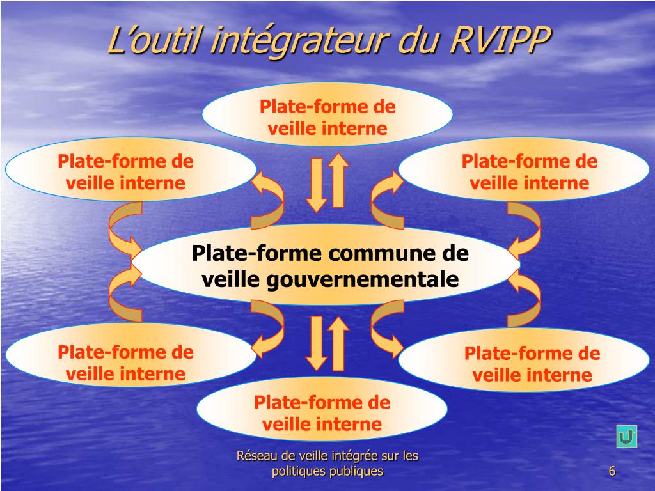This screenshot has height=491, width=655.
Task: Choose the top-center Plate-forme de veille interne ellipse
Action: (x=327, y=117)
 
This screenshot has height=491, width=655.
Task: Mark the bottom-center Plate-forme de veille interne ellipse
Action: (x=322, y=412)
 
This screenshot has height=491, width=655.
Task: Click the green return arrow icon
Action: (x=627, y=437)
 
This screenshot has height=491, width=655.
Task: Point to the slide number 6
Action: (x=612, y=472)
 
